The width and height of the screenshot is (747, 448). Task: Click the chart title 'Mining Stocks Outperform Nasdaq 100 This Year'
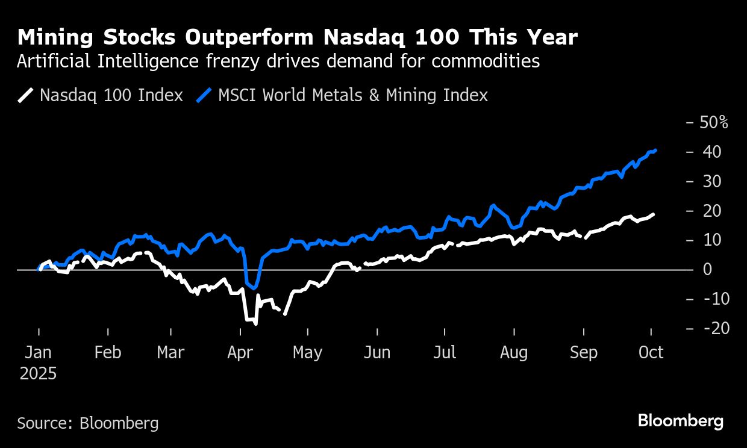pyautogui.click(x=298, y=38)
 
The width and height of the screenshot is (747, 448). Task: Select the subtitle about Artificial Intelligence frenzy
pyautogui.click(x=278, y=61)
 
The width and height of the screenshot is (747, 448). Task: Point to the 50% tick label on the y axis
pyautogui.click(x=714, y=122)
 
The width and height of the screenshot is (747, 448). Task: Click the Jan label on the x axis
pyautogui.click(x=39, y=352)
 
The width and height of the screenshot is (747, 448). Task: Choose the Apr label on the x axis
pyautogui.click(x=240, y=352)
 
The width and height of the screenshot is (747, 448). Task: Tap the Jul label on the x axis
pyautogui.click(x=445, y=352)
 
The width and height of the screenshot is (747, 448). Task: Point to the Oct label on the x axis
pyautogui.click(x=651, y=352)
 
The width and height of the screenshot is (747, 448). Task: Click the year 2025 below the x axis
pyautogui.click(x=39, y=373)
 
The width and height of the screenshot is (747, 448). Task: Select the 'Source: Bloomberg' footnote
pyautogui.click(x=88, y=423)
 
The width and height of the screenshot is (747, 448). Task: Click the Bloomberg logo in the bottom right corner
pyautogui.click(x=681, y=421)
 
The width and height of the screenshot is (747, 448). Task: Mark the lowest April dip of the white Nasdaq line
pyautogui.click(x=256, y=324)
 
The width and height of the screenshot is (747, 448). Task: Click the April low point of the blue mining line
pyautogui.click(x=255, y=287)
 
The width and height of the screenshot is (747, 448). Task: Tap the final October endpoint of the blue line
pyautogui.click(x=655, y=151)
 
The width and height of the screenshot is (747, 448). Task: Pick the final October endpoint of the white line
pyautogui.click(x=654, y=214)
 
